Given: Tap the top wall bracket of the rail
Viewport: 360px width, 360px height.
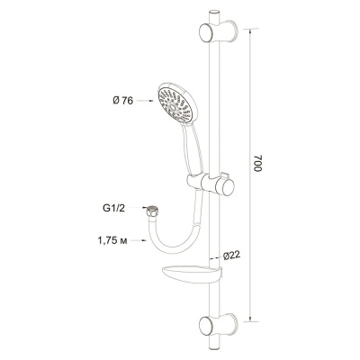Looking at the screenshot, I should (218, 32).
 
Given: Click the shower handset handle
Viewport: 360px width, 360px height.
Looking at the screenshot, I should (183, 148).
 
